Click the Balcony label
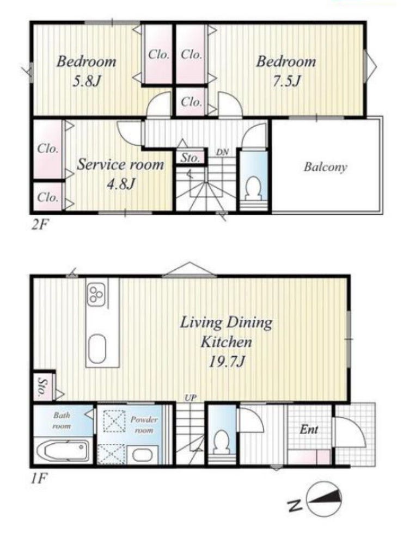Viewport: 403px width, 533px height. (x=325, y=168)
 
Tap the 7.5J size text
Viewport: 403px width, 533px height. (x=286, y=82)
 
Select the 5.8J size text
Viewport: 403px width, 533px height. (x=87, y=82)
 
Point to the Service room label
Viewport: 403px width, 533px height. (x=120, y=165)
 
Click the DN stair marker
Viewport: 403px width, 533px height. (x=222, y=152)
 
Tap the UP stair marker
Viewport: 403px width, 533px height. (x=191, y=398)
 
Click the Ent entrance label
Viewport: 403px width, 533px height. (x=309, y=430)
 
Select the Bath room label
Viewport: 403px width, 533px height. (x=62, y=420)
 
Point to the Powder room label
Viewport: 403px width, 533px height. (x=144, y=425)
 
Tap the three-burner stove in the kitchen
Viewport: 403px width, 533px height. (x=97, y=294)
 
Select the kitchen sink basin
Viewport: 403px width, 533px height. (x=97, y=349)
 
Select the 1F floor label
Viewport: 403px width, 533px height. (x=38, y=479)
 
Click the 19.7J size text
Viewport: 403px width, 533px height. (x=227, y=362)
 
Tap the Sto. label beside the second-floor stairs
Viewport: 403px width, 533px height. (x=190, y=158)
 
